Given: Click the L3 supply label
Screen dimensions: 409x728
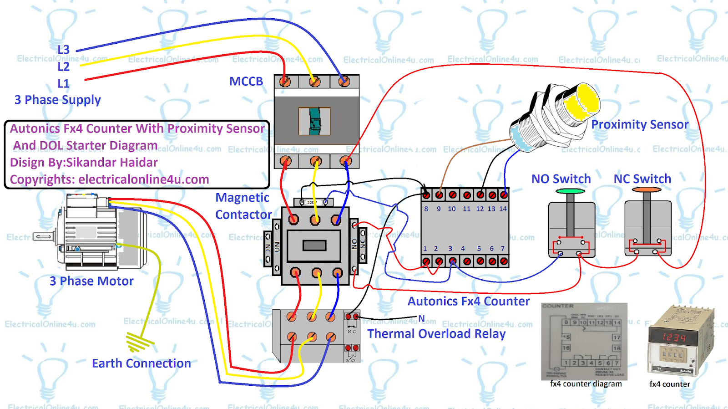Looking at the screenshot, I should pyautogui.click(x=63, y=50).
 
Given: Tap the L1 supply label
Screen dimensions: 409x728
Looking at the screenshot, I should pyautogui.click(x=63, y=84).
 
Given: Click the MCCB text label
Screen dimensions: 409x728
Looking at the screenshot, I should pyautogui.click(x=246, y=82).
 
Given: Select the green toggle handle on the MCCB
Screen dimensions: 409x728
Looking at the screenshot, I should pyautogui.click(x=314, y=121).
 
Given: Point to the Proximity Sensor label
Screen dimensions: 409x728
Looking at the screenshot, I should pyautogui.click(x=639, y=125).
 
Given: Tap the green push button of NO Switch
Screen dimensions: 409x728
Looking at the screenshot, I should pyautogui.click(x=570, y=192).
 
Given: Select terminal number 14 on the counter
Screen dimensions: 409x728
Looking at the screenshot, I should pyautogui.click(x=503, y=209).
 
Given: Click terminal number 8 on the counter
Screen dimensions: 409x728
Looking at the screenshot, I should pyautogui.click(x=426, y=209).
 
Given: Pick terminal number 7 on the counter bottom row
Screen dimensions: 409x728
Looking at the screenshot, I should pyautogui.click(x=503, y=249).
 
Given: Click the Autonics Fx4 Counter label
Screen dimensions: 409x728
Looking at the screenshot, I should pyautogui.click(x=468, y=302).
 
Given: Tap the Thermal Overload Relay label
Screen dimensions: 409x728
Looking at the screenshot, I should pyautogui.click(x=436, y=334).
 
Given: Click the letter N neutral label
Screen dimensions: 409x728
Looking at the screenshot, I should pyautogui.click(x=421, y=318).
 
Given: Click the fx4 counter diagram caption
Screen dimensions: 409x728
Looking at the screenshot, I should pyautogui.click(x=586, y=384).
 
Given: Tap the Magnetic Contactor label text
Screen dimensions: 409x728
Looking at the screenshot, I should pyautogui.click(x=243, y=206).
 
